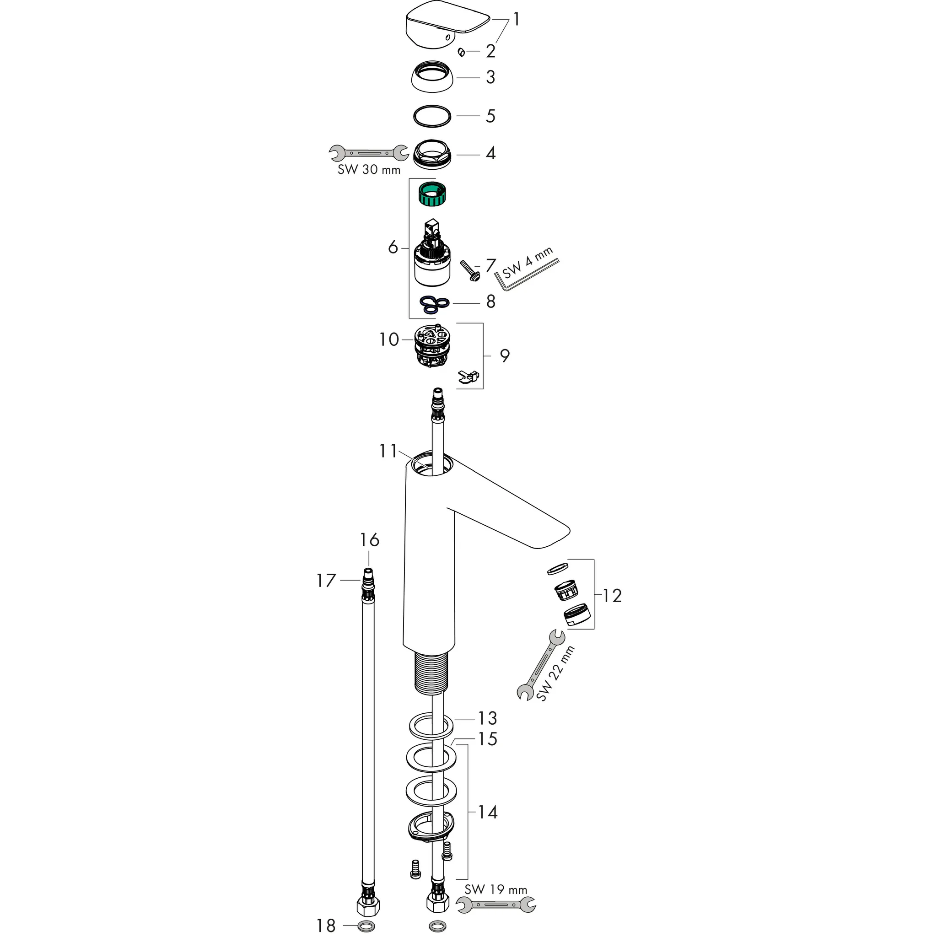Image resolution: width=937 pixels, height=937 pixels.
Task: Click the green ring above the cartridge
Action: pyautogui.click(x=431, y=194)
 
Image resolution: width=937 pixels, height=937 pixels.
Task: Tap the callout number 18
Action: pyautogui.click(x=326, y=926)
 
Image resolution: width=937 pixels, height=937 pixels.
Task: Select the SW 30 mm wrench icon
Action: pyautogui.click(x=369, y=153)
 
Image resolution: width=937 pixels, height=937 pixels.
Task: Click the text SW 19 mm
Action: pyautogui.click(x=495, y=903)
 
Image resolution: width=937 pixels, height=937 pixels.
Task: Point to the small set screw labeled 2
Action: pyautogui.click(x=461, y=52)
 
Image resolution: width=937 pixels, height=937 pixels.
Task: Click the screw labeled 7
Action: pyautogui.click(x=469, y=270)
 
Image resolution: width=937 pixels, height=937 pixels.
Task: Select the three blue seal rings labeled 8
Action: pyautogui.click(x=434, y=304)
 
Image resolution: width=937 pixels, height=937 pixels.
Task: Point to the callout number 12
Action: pyautogui.click(x=612, y=595)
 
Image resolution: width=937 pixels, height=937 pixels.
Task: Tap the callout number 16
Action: pyautogui.click(x=369, y=539)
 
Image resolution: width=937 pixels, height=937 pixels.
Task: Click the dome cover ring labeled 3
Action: pyautogui.click(x=431, y=76)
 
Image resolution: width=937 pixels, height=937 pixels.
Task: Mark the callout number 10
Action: pyautogui.click(x=389, y=339)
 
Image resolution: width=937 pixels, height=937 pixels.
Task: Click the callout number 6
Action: pyautogui.click(x=393, y=248)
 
